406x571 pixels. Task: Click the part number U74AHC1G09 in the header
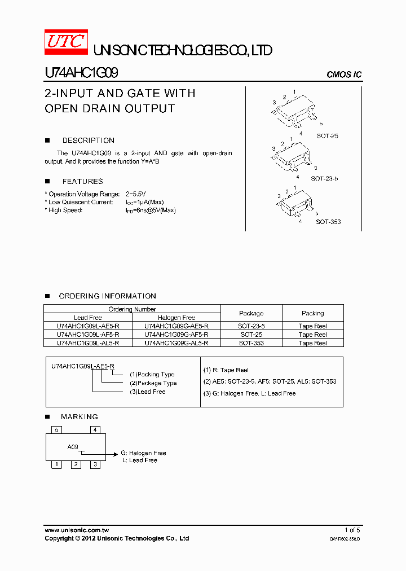(x=81, y=73)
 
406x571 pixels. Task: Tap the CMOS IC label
(x=344, y=75)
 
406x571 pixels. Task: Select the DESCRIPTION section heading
(x=88, y=140)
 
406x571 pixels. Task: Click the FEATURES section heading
(x=82, y=182)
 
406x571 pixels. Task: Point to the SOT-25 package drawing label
(x=327, y=136)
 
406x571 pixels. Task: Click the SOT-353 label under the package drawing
(x=328, y=222)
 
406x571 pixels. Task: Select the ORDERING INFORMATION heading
(x=107, y=296)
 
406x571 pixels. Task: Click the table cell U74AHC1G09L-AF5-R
(x=88, y=335)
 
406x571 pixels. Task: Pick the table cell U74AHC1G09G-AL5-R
(x=176, y=343)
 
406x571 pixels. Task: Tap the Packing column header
(x=312, y=313)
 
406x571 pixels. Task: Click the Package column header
(x=251, y=313)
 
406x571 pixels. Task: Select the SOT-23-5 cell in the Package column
(x=251, y=326)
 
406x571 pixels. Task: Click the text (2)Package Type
(x=153, y=383)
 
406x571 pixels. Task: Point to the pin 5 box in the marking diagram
(x=56, y=430)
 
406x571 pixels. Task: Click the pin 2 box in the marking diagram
(x=76, y=464)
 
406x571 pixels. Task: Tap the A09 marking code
(x=73, y=447)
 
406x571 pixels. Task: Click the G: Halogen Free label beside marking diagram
(x=143, y=453)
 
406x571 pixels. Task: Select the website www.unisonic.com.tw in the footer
(x=77, y=530)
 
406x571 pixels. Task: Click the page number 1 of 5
(x=352, y=530)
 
